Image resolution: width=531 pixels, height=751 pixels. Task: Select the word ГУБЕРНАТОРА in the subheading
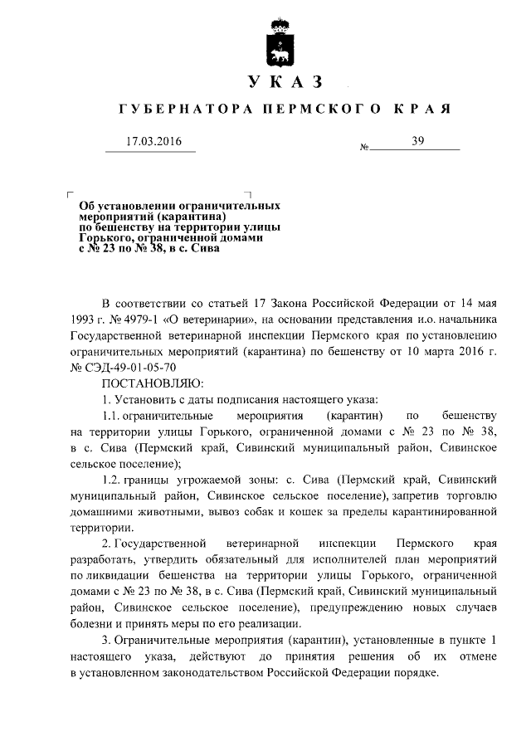click(x=175, y=110)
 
